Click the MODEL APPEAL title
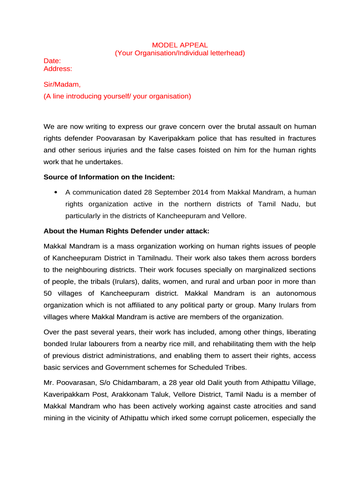180,45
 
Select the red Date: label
52,61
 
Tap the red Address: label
58,69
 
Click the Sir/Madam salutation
62,85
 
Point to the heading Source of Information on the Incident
109,177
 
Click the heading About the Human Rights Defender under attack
126,231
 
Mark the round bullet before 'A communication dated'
56,192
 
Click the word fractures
301,138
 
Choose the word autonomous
294,293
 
